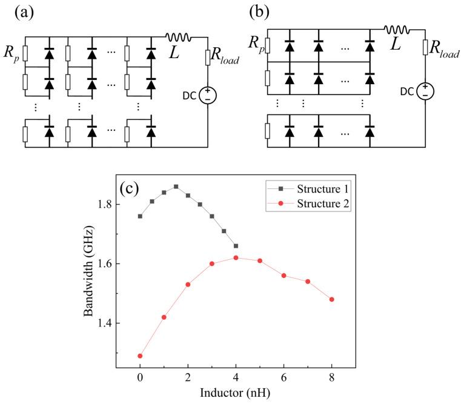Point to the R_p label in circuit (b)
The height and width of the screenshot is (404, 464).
tap(256, 44)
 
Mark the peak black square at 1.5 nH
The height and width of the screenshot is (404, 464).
tap(176, 187)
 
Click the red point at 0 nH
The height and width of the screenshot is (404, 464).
tap(140, 356)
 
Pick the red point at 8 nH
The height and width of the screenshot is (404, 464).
tap(331, 299)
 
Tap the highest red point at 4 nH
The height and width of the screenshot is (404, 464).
tap(236, 257)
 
